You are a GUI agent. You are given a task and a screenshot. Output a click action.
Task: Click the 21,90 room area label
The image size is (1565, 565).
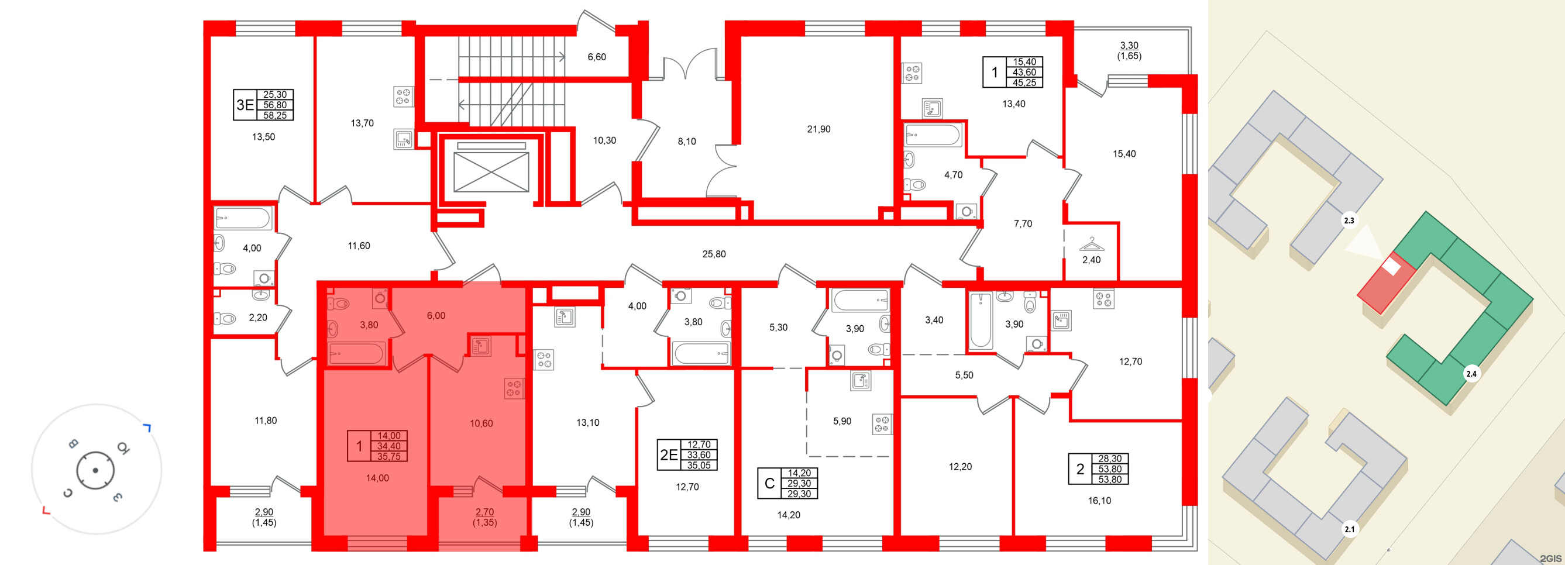818,129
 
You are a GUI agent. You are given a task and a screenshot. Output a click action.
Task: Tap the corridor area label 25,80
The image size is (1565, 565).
714,254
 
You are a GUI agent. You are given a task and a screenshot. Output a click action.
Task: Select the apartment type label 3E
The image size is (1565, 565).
245,105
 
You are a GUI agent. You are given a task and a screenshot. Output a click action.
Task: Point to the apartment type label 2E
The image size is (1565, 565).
669,455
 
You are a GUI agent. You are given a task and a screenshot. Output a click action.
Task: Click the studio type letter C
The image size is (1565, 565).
769,484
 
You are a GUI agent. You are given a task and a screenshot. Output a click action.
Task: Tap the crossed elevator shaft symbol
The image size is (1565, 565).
491,172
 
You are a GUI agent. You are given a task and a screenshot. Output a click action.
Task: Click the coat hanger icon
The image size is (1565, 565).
1091,244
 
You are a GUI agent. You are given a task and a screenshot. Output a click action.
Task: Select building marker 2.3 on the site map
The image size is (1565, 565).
1349,221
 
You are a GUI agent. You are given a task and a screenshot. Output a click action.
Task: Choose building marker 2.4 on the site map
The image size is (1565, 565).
1471,374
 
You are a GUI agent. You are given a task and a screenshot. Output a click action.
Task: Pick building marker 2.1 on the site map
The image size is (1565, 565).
1349,529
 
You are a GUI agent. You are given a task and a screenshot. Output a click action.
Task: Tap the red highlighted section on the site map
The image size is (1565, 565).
1387,282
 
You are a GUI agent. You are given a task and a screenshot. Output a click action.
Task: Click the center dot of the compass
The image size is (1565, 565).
95,470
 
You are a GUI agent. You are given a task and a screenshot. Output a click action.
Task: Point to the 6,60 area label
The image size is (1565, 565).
597,57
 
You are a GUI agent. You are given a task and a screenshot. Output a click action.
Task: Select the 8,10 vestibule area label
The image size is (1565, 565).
686,142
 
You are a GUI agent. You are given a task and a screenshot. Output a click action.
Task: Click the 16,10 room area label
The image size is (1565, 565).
1099,501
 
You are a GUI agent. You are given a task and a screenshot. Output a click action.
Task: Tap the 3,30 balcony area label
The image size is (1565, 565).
1129,46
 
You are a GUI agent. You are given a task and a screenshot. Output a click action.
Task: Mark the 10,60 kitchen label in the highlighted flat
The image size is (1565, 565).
481,423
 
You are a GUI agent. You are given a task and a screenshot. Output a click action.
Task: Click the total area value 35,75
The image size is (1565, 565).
389,456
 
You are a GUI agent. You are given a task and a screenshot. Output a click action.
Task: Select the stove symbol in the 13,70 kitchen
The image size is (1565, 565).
403,96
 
